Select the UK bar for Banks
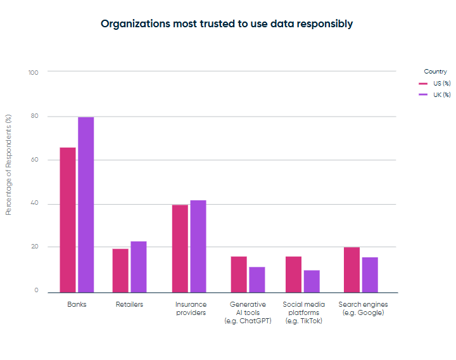[x=86, y=204]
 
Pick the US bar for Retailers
[x=120, y=270]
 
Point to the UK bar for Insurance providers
[x=198, y=246]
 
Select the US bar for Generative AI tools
[x=239, y=274]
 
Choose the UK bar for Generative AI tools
[x=257, y=280]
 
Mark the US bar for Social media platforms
[x=293, y=274]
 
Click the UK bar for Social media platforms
[x=312, y=281]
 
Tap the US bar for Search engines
[x=351, y=269]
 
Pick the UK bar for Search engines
[x=370, y=274]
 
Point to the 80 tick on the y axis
[x=34, y=117]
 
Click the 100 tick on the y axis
[x=33, y=72]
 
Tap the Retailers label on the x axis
[x=129, y=305]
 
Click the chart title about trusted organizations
[x=227, y=24]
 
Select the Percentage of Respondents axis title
[x=9, y=165]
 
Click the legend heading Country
[x=435, y=72]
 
